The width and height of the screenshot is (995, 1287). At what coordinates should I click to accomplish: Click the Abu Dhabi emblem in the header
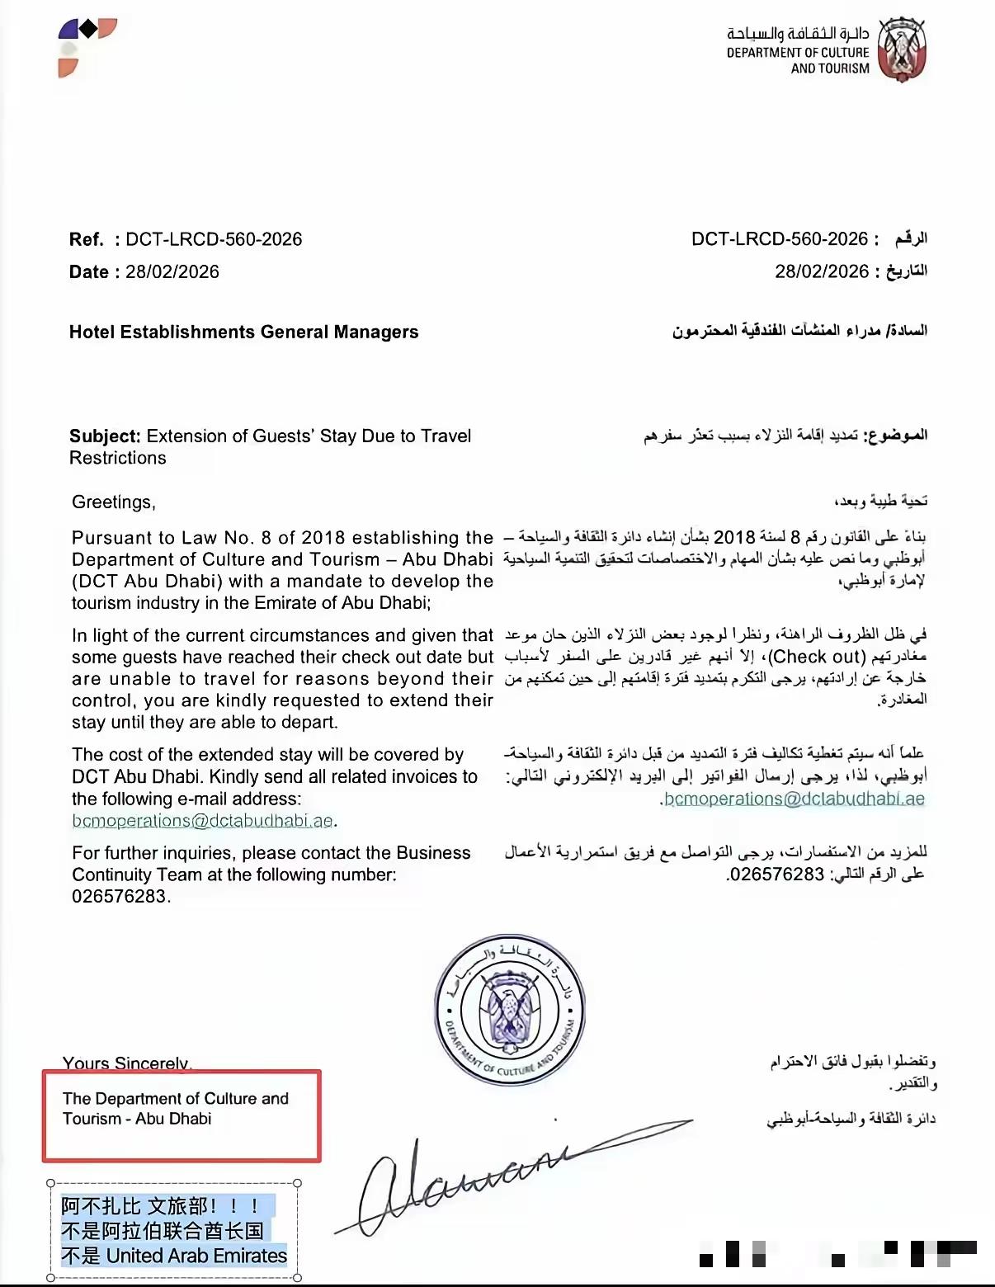coord(902,49)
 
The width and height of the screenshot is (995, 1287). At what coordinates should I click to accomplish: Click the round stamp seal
coord(510,1009)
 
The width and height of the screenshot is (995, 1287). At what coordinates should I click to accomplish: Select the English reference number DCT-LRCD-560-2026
coord(214,239)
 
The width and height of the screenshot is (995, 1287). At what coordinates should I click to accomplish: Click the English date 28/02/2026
coord(172,272)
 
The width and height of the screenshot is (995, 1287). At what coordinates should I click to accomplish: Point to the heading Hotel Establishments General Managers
coord(243,332)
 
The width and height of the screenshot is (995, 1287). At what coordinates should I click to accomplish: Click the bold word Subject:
coord(105,436)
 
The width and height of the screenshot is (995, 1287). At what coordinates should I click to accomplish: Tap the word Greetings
coord(112,502)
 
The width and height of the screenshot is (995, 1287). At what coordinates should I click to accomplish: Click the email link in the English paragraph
coord(202,820)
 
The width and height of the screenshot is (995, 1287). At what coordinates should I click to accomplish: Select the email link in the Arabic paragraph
coord(794,799)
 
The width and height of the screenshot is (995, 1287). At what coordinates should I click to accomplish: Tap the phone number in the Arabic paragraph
coord(776,874)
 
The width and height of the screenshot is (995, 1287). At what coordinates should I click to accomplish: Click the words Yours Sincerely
coord(126,1063)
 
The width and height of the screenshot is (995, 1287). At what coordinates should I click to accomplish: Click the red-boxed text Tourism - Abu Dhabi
coord(137,1119)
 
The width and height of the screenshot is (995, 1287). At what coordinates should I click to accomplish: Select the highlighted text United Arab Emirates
coord(196,1256)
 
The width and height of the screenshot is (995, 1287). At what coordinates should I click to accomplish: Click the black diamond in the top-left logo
coord(87,30)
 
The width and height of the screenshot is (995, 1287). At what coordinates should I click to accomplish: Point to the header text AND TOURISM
coord(830,68)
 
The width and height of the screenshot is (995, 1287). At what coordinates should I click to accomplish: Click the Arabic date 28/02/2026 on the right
coord(822,271)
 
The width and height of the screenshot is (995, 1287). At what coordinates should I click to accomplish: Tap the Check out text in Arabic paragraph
coord(816,657)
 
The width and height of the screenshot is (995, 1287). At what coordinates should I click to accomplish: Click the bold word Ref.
coord(86,239)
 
